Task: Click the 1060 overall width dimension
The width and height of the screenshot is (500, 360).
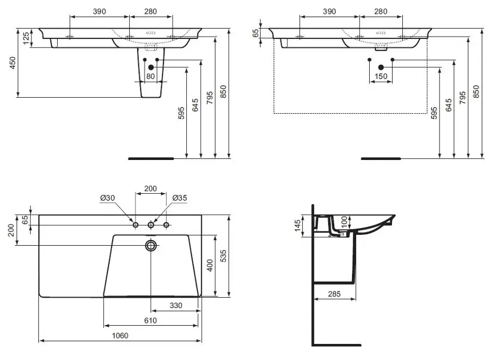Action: [120, 335]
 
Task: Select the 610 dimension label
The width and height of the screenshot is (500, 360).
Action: [150, 321]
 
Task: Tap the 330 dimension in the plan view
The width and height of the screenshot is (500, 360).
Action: [175, 306]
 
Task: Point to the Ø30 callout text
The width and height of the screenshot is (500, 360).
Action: [107, 198]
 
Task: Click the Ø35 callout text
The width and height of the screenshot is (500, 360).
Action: [180, 198]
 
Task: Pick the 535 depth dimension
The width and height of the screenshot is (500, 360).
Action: [223, 256]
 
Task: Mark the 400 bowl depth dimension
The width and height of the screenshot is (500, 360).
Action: [210, 265]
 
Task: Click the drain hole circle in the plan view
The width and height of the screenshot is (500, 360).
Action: [151, 246]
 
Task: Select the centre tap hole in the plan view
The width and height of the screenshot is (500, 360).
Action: [151, 225]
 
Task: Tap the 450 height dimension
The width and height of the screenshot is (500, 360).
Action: [13, 63]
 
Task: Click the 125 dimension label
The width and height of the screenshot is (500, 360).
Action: [26, 38]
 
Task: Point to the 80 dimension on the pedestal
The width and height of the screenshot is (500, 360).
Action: [150, 76]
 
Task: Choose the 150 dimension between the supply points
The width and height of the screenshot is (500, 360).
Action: [381, 76]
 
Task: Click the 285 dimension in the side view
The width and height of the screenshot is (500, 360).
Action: [334, 294]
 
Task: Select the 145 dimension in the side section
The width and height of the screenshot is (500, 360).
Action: [298, 226]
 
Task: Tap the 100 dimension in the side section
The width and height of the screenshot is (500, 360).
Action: [344, 221]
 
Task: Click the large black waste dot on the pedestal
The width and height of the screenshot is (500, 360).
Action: [151, 67]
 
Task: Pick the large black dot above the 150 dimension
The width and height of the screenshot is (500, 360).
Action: [381, 67]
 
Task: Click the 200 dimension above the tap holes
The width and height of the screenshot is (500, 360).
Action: [150, 189]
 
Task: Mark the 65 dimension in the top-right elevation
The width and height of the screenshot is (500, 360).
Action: [256, 33]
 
